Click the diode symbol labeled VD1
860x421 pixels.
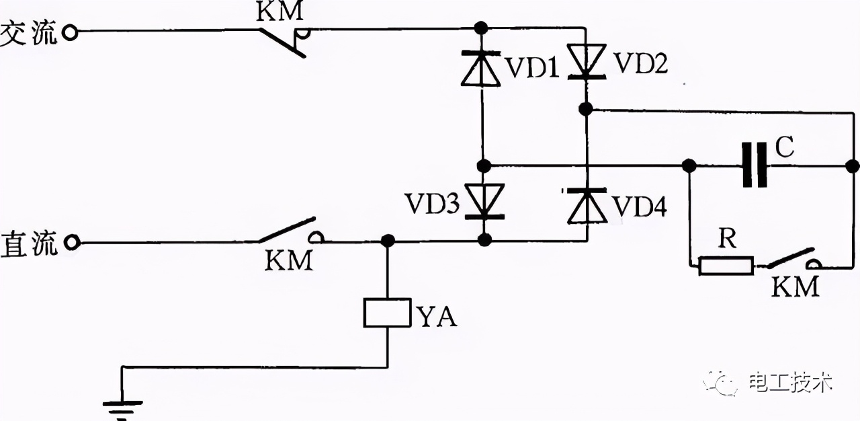pyautogui.click(x=481, y=68)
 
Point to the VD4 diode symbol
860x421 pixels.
pyautogui.click(x=587, y=206)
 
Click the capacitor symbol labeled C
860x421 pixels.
pyautogui.click(x=755, y=165)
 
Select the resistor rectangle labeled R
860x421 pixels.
pyautogui.click(x=726, y=265)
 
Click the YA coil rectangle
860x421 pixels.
pyautogui.click(x=387, y=313)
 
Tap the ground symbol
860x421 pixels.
pyautogui.click(x=122, y=406)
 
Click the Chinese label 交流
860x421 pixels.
pyautogui.click(x=29, y=34)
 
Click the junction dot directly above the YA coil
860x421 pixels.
pyautogui.click(x=387, y=241)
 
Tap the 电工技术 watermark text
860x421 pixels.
pyautogui.click(x=791, y=383)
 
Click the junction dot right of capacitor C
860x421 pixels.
pyautogui.click(x=853, y=165)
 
